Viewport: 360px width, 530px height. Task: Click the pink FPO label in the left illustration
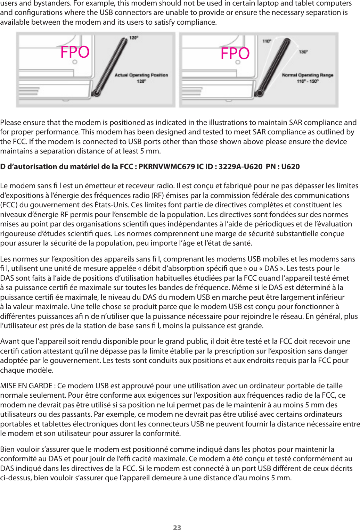75,52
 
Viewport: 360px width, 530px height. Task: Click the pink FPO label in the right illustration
235,53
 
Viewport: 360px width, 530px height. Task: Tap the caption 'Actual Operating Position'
141,75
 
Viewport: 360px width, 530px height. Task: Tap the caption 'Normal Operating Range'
308,75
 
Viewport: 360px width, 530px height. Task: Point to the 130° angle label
303,52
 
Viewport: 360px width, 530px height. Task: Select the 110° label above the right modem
267,41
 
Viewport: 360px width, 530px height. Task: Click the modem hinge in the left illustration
96,93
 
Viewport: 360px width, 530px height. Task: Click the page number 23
177,528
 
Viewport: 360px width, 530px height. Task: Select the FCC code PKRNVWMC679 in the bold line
166,167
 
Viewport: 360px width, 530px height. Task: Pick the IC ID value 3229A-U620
240,167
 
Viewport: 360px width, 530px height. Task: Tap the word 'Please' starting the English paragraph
10,123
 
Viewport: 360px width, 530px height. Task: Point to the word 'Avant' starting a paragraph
10,341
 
